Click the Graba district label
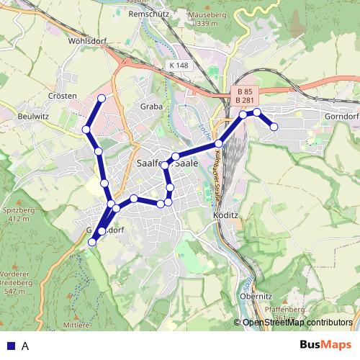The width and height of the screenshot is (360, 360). [151, 106]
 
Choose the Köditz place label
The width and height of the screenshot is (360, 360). [225, 215]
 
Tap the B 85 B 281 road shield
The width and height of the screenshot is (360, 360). [243, 96]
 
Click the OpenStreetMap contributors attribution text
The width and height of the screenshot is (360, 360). [297, 323]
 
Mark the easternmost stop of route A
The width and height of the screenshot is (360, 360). [274, 127]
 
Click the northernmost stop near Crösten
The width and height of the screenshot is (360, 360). [102, 98]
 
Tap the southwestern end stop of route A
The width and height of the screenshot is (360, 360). [92, 243]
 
